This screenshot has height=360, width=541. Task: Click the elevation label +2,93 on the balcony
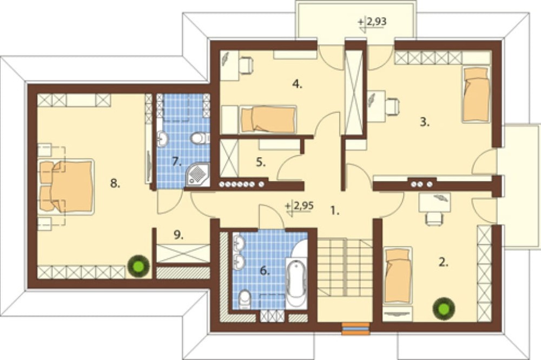click(373, 22)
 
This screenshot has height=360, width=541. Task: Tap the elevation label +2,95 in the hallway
click(300, 206)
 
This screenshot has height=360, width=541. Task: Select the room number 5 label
click(261, 162)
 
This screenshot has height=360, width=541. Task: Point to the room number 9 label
click(177, 235)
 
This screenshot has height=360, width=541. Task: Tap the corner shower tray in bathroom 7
click(197, 175)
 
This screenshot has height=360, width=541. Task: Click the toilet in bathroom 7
click(200, 138)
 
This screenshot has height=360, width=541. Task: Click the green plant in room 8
click(138, 265)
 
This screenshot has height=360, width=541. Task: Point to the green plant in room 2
click(444, 309)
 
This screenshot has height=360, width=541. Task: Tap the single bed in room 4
click(268, 119)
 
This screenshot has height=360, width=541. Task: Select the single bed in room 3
click(476, 94)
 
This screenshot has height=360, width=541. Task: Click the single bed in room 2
click(398, 275)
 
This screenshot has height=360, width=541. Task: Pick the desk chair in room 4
click(246, 65)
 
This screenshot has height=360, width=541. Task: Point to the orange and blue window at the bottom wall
click(356, 329)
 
